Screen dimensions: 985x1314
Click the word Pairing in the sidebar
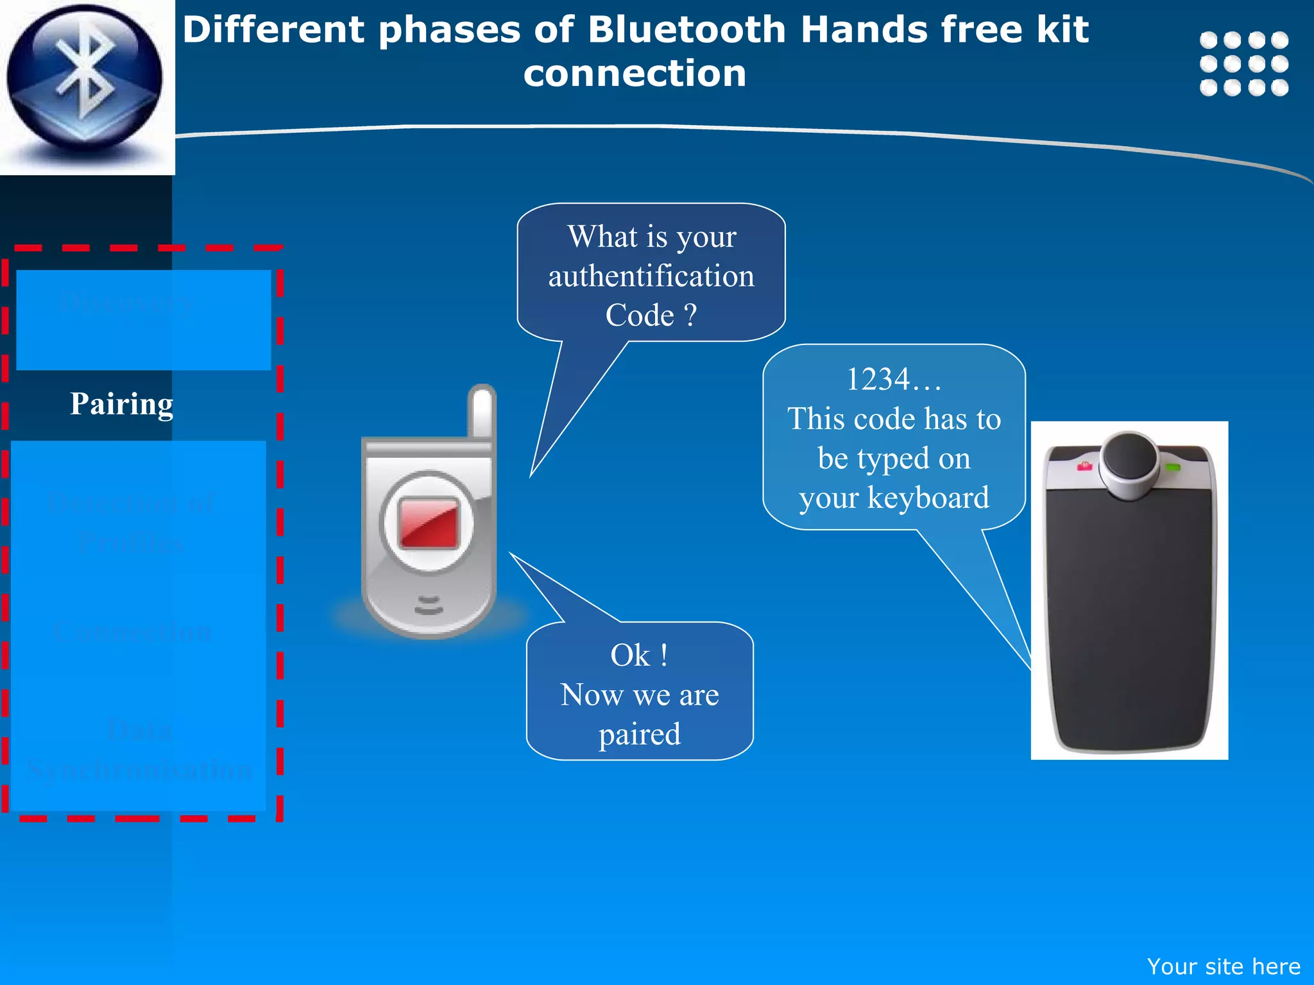[x=121, y=404]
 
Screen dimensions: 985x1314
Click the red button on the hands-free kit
[x=1084, y=466]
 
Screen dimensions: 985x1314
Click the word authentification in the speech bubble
[x=651, y=276]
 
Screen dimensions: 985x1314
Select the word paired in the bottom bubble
[x=640, y=734]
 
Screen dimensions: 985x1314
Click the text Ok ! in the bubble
[x=639, y=655]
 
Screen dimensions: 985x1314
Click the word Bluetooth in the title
[x=687, y=30]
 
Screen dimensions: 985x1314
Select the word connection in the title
[x=635, y=73]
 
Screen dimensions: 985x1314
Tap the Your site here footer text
[x=1223, y=966]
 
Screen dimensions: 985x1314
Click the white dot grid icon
[x=1243, y=63]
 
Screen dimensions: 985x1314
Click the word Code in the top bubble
[x=640, y=316]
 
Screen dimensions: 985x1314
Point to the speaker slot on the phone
[x=429, y=605]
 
